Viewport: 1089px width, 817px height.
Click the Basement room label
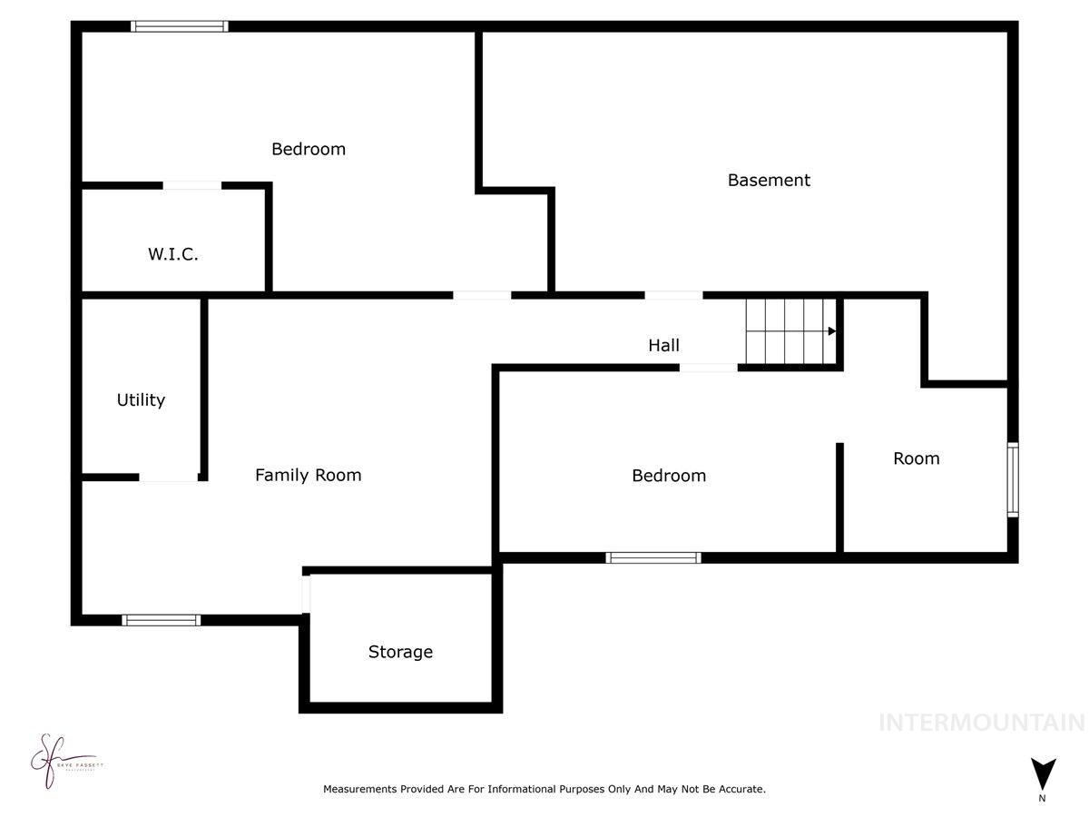pos(769,180)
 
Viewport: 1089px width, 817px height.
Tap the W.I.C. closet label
pos(173,254)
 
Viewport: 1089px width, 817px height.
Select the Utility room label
pos(141,399)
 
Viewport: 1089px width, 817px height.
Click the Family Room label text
pos(308,475)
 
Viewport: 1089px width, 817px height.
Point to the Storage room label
pos(400,652)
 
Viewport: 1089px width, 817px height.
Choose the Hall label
pos(663,345)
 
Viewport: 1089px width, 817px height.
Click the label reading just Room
pos(916,458)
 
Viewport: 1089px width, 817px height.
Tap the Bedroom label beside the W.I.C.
pos(309,149)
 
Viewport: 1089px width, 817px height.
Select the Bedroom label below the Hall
pos(669,476)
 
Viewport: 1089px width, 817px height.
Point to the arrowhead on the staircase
pos(831,331)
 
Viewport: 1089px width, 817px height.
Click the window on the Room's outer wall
pos(1013,479)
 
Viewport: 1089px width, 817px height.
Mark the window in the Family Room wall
pos(162,620)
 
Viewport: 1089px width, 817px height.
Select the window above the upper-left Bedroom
pos(179,26)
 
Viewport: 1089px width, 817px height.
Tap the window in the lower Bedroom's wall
pos(653,557)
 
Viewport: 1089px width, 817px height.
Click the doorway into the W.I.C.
pos(191,186)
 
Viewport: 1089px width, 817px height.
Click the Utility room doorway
pos(169,477)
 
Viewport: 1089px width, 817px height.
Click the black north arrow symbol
pos(1043,773)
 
